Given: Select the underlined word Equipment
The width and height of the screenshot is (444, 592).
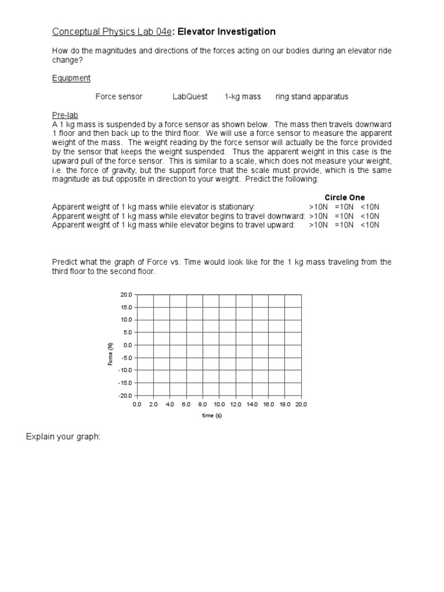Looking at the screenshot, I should pos(71,78).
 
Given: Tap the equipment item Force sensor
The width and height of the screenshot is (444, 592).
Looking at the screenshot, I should pos(119,97).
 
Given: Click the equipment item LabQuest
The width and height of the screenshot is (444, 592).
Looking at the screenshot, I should pos(190,97).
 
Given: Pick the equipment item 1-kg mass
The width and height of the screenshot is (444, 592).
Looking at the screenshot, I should pos(243,97).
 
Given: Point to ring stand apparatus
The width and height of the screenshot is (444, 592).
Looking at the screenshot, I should pos(312,97).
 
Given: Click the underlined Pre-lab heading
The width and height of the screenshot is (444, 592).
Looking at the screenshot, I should pos(65,115).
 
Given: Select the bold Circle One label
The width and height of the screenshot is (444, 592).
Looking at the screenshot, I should pos(345,198).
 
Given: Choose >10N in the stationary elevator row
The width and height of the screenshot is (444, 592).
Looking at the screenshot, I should pos(318,207).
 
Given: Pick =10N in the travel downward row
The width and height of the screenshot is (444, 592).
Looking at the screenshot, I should pos(345,216).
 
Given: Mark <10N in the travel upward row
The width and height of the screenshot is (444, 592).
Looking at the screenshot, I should pos(370,225).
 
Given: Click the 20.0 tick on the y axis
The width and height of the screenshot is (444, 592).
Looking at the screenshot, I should pos(126,295).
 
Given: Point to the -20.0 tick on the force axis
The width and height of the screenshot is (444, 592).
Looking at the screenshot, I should pos(125,395).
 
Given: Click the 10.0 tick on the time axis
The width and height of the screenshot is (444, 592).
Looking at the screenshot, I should pos(219,405).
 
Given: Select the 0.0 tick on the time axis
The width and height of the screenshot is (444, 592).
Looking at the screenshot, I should pos(137,405).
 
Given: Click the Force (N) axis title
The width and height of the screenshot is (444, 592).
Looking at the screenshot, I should pos(110,353).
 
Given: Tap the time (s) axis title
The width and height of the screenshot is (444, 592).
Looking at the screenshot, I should pos(212,415).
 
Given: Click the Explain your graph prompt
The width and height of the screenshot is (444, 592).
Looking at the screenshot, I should pos(63,436).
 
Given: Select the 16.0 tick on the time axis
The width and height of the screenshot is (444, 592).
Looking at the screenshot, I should pos(268,405).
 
